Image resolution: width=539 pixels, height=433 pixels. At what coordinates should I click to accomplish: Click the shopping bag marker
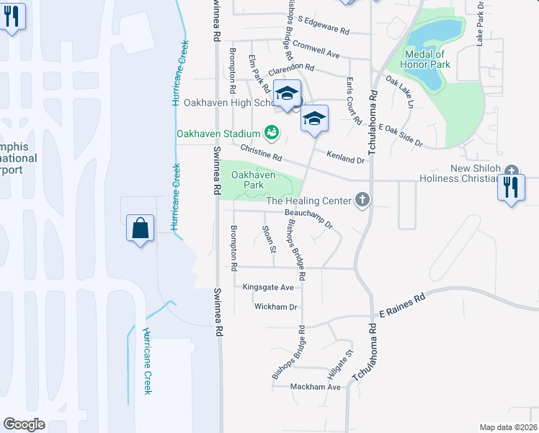click(x=141, y=229)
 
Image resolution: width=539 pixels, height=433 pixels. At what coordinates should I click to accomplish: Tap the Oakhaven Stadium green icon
click(x=271, y=131)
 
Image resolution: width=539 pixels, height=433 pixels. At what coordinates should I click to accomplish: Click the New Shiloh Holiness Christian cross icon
click(x=512, y=170)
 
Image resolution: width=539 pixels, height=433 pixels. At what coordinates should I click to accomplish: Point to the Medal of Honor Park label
click(x=427, y=59)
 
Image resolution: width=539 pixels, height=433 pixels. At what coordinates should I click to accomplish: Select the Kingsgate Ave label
click(x=268, y=287)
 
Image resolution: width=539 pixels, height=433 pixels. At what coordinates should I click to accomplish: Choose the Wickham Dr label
click(x=276, y=307)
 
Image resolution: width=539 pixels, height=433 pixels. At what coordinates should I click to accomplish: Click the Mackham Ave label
click(x=315, y=387)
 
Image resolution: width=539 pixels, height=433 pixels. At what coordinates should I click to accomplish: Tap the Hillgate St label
click(x=341, y=364)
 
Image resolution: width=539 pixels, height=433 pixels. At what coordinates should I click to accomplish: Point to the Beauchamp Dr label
click(x=308, y=218)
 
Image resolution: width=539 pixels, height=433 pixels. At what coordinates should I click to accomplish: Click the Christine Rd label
click(x=261, y=152)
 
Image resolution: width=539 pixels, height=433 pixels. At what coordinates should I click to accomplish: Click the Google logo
click(x=24, y=424)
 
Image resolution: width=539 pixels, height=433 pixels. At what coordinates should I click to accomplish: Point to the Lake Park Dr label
click(x=481, y=30)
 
